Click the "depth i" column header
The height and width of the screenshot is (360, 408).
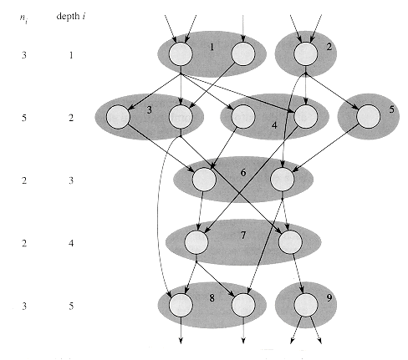click(70, 17)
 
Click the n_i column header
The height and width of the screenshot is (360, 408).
click(23, 18)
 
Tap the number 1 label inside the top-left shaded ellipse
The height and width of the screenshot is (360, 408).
click(212, 47)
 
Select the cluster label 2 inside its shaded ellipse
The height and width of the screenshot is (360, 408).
click(329, 47)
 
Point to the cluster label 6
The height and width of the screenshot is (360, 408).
click(243, 173)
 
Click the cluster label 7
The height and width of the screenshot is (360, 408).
click(243, 236)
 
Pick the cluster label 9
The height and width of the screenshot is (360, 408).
click(329, 298)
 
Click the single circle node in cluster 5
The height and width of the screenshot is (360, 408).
click(369, 116)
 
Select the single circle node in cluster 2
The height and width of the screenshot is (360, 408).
click(306, 54)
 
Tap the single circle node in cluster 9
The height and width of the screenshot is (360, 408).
click(306, 305)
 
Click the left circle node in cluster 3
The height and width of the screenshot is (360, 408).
click(118, 117)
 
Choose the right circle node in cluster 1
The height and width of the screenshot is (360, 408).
click(243, 54)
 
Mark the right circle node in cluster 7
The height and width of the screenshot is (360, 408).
click(290, 242)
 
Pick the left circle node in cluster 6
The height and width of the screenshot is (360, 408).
click(204, 180)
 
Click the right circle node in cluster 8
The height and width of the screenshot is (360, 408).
click(243, 305)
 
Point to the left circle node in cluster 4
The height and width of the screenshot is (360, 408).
click(243, 116)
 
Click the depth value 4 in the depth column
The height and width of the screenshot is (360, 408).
click(71, 243)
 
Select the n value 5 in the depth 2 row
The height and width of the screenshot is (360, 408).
click(24, 118)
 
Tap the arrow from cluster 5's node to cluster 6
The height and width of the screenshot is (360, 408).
click(325, 148)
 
